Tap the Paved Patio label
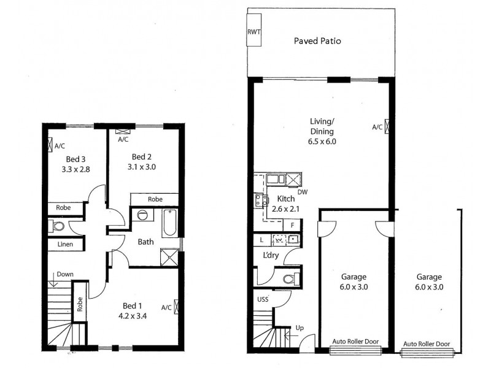tap(317, 41)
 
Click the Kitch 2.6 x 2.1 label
tap(286, 204)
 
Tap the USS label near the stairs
tap(262, 300)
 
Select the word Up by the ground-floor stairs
tap(300, 328)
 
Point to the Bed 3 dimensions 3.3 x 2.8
tap(76, 169)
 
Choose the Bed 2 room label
tap(141, 156)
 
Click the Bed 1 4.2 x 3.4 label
tap(133, 311)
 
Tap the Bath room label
tap(145, 242)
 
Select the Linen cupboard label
tap(66, 245)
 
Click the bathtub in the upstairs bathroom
tap(170, 224)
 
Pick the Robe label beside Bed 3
tap(63, 208)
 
